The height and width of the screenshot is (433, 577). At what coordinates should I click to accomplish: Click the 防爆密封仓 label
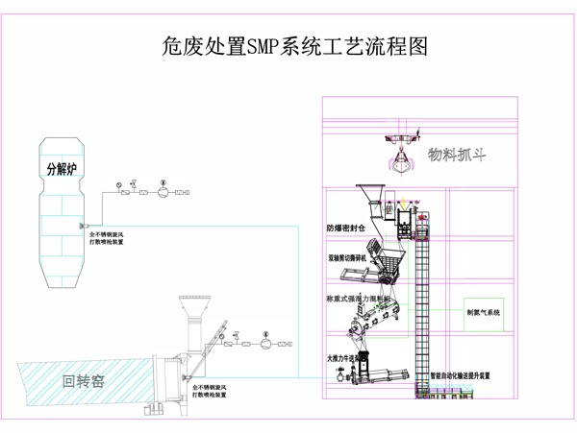[343, 229]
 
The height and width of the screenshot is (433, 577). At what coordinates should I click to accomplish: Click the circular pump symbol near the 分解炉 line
[163, 191]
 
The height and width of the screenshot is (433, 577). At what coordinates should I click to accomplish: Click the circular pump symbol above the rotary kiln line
[263, 341]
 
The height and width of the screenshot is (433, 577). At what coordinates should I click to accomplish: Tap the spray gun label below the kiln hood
[211, 389]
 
